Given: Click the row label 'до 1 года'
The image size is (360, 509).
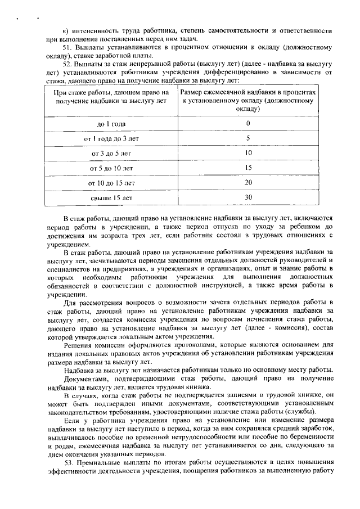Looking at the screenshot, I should coord(111,123).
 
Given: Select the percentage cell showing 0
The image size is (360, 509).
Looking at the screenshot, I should coord(248,123).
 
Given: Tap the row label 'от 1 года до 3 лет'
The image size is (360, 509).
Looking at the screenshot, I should coord(111,138).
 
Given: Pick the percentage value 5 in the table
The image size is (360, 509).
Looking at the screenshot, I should coord(248,138).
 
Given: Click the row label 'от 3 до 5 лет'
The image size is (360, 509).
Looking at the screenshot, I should coord(111,153).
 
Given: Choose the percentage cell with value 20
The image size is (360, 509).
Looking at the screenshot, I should coord(248,182).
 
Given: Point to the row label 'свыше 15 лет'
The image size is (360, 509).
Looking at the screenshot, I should coord(111,197).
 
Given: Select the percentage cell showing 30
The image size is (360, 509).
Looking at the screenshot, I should coord(248,197).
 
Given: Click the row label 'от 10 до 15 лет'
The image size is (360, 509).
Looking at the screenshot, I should coord(111,183).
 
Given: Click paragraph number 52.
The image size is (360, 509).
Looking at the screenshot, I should coord(66,65).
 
